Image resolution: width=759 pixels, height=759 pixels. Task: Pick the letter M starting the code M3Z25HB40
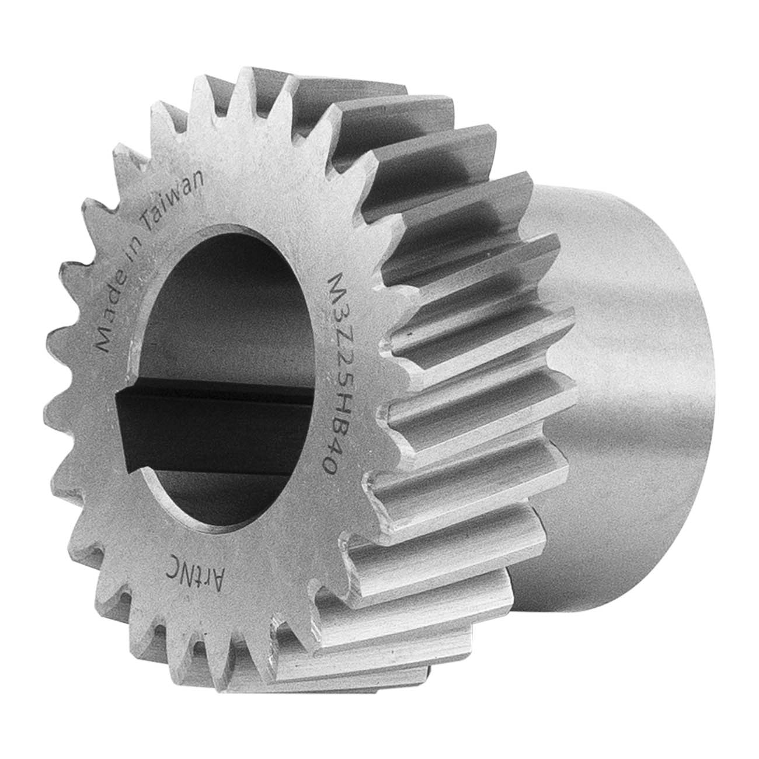tap(337, 286)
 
